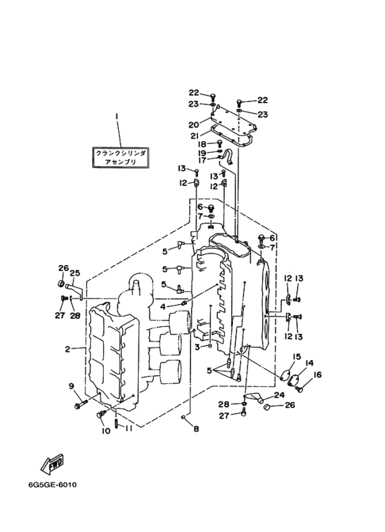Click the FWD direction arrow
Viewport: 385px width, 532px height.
pos(52,463)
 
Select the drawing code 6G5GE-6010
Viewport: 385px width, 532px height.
pos(52,485)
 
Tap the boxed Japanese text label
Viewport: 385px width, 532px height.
pos(120,158)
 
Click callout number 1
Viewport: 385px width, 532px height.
pos(117,116)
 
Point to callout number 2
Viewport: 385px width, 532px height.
pos(68,349)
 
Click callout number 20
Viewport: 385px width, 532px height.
pos(194,125)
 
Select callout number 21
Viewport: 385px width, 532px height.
pos(194,136)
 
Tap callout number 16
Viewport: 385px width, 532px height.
pos(318,374)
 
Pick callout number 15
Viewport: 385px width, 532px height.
pos(296,357)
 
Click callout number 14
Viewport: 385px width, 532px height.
pos(309,363)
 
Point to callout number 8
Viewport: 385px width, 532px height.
pos(196,429)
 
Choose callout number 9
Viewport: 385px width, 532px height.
pos(71,386)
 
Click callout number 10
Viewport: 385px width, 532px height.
pos(106,431)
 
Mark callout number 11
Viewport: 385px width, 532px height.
pos(127,429)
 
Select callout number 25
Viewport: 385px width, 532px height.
pos(75,273)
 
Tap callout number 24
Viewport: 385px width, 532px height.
pos(280,395)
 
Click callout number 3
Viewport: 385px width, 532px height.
pos(197,347)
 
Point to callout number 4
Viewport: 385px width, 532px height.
pos(163,307)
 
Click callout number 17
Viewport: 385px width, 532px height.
pos(202,160)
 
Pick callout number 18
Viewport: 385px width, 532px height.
pos(201,145)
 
